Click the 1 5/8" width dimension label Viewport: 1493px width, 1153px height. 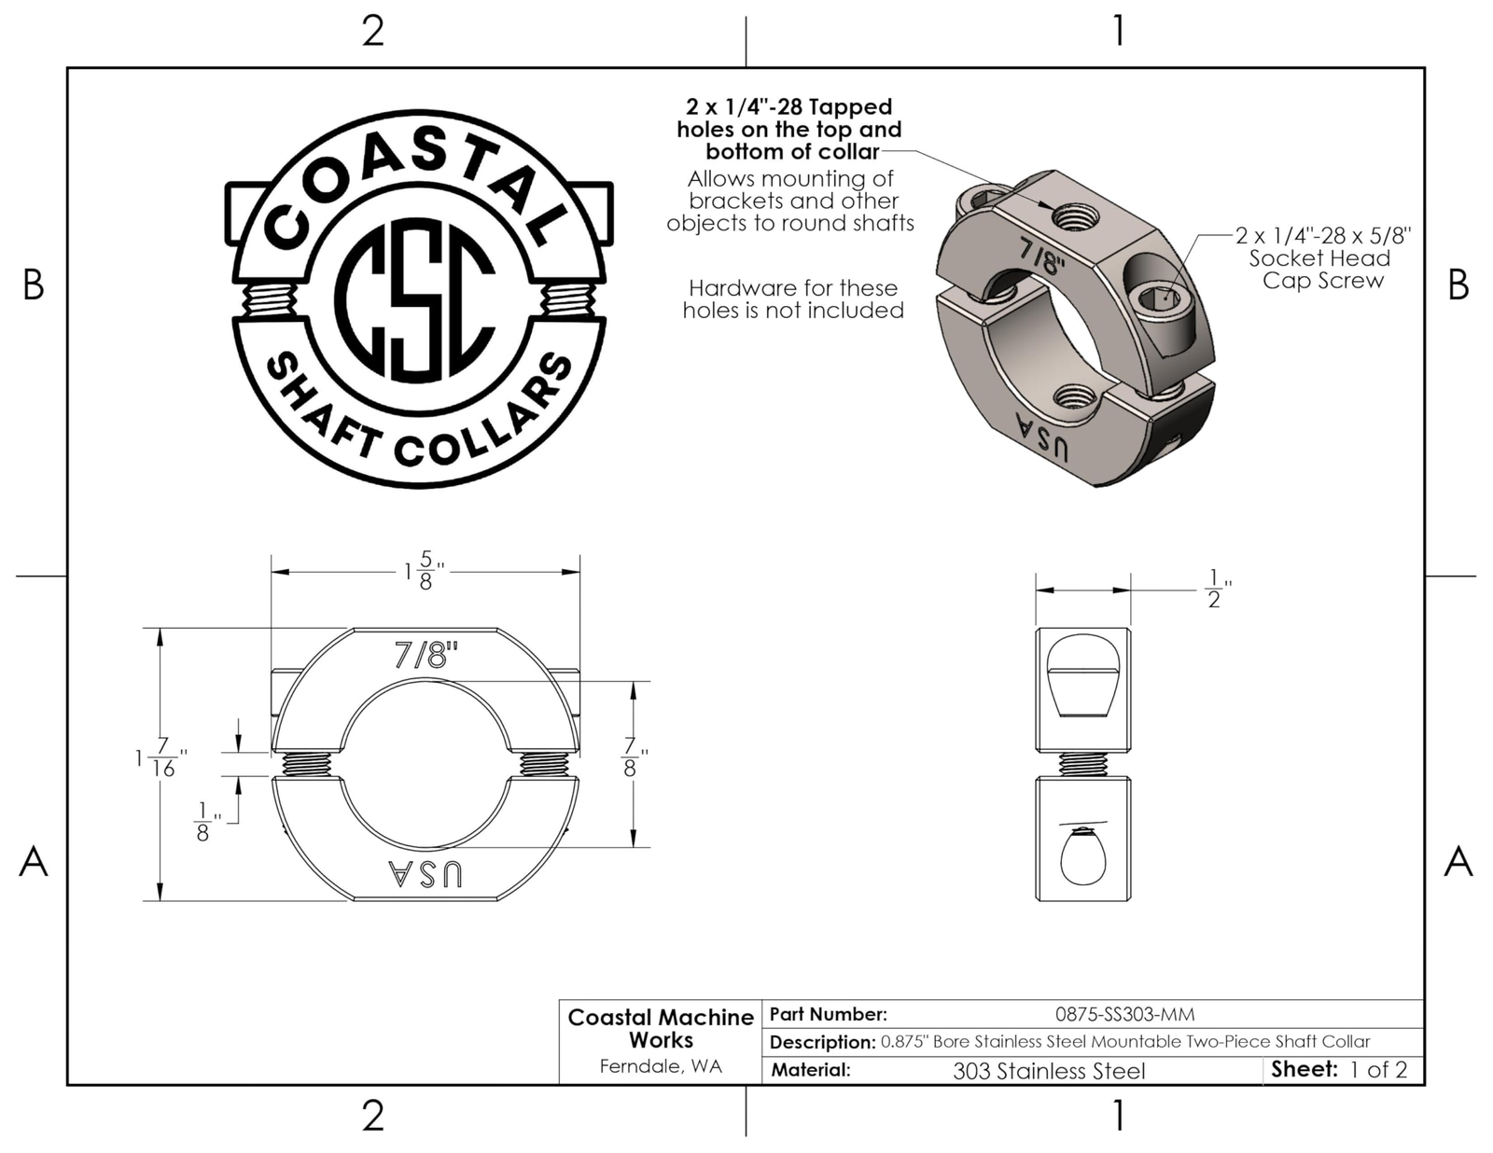[x=423, y=570]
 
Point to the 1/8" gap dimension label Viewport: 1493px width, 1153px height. [x=207, y=822]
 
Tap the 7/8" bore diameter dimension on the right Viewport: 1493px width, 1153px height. [x=635, y=757]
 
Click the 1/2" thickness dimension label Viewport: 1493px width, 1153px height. [x=1216, y=589]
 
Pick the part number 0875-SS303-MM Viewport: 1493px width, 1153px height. [x=1124, y=1014]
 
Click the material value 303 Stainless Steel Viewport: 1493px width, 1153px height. [x=1049, y=1071]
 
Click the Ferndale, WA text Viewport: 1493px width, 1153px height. [x=660, y=1066]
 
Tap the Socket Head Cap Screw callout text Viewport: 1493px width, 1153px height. [x=1321, y=257]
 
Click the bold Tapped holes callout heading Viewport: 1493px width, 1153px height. [x=789, y=130]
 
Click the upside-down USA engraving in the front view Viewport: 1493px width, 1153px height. [x=426, y=873]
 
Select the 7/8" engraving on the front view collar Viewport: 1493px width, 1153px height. [x=426, y=656]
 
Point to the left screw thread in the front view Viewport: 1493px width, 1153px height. [x=306, y=763]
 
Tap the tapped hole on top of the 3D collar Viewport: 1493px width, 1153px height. [x=1072, y=217]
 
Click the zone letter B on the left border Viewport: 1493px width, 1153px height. [x=34, y=285]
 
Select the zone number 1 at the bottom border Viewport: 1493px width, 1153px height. [x=1118, y=1115]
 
